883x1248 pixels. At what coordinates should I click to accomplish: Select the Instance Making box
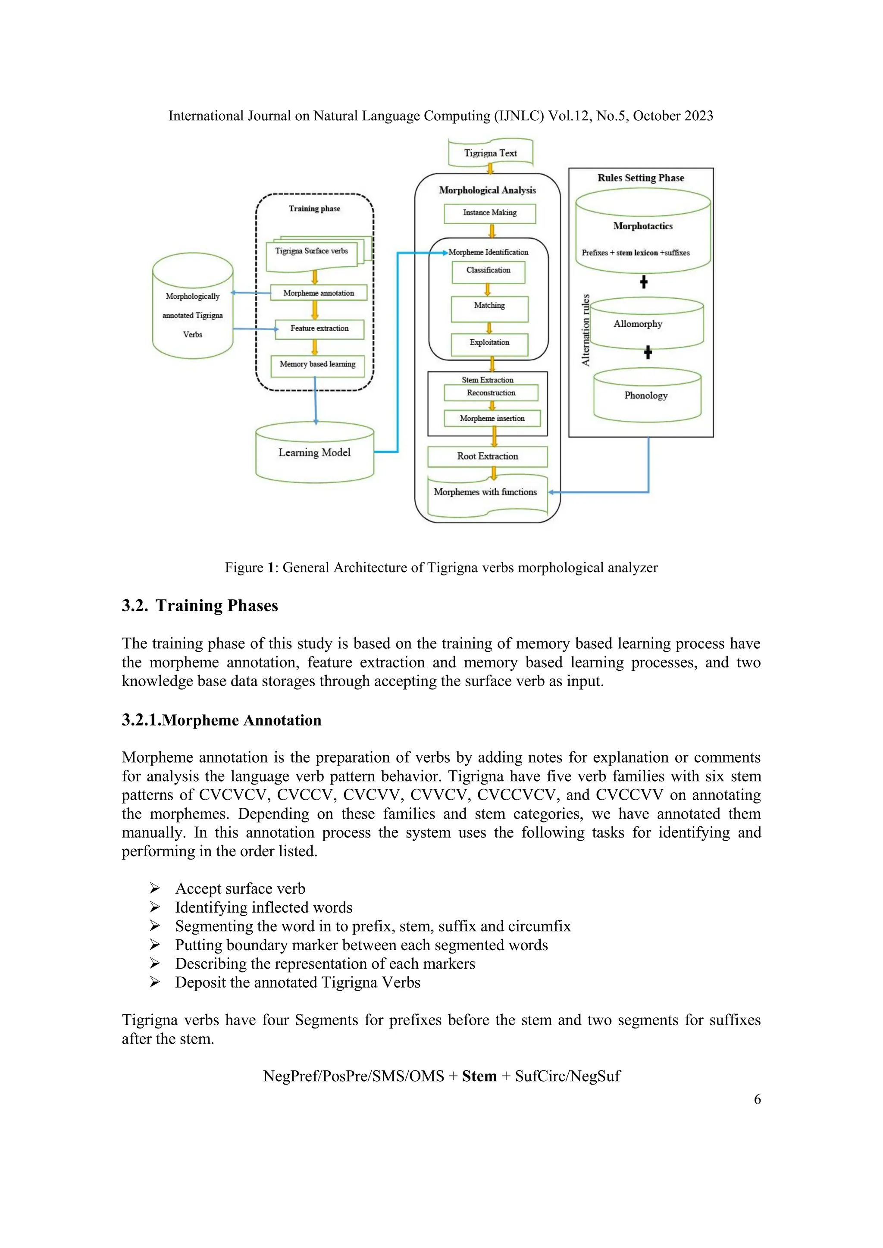(489, 213)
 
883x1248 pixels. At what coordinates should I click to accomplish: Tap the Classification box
(488, 271)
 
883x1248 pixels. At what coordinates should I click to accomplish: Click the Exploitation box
(489, 343)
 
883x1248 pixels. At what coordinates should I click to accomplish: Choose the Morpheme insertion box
(492, 419)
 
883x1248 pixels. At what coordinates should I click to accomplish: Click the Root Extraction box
(487, 457)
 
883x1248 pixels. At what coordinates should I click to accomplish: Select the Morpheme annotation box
(319, 293)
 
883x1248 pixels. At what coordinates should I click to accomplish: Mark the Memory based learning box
(317, 365)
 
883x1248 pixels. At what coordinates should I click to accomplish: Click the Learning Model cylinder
(314, 453)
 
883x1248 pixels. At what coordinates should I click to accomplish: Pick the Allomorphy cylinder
(646, 325)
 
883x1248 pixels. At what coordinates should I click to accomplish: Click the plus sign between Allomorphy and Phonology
(648, 353)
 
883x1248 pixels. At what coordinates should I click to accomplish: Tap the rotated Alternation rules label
(586, 330)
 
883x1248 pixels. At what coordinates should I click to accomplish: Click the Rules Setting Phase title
(641, 178)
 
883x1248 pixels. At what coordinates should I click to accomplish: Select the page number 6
(757, 1099)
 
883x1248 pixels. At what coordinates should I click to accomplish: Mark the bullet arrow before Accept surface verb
(155, 889)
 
